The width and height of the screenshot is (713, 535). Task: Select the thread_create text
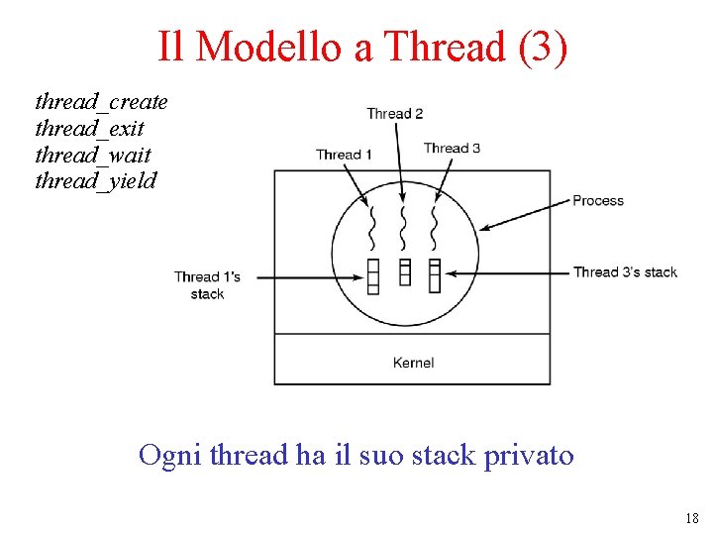(101, 101)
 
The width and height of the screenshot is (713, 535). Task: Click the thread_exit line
(89, 128)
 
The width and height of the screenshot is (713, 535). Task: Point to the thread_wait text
(93, 155)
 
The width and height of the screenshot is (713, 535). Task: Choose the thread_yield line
(95, 181)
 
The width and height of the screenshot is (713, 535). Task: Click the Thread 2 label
(394, 113)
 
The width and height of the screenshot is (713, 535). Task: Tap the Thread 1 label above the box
(344, 154)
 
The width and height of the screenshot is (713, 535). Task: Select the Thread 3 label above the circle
(452, 148)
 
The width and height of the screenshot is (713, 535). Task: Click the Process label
(598, 200)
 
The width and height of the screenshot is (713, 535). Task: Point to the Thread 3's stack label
(625, 271)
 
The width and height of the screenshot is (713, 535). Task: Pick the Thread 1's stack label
(207, 285)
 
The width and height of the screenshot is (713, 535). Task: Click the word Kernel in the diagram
(413, 363)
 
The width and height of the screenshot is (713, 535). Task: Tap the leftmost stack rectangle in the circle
(373, 275)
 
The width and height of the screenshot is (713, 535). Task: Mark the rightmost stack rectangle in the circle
(434, 275)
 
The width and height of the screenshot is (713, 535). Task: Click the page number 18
(690, 518)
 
